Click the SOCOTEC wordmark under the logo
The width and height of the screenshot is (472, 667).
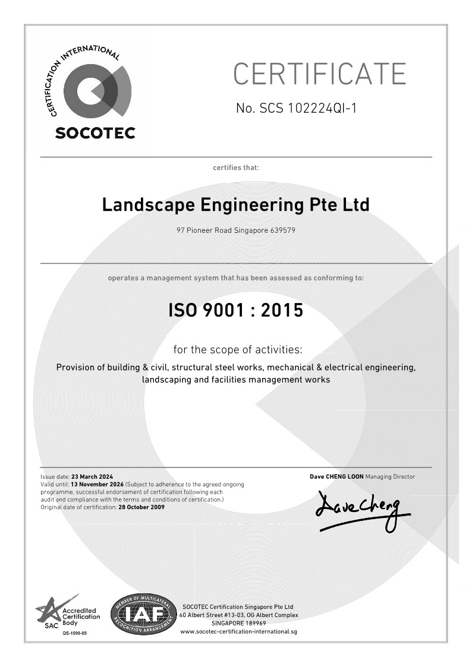point(95,132)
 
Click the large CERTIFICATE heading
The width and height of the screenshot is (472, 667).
point(319,74)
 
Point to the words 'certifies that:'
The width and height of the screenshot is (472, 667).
point(236,167)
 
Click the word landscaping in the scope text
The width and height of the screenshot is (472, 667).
point(167,380)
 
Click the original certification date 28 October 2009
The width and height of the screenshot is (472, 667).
point(141,507)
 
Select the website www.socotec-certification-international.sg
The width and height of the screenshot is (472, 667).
point(238,631)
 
